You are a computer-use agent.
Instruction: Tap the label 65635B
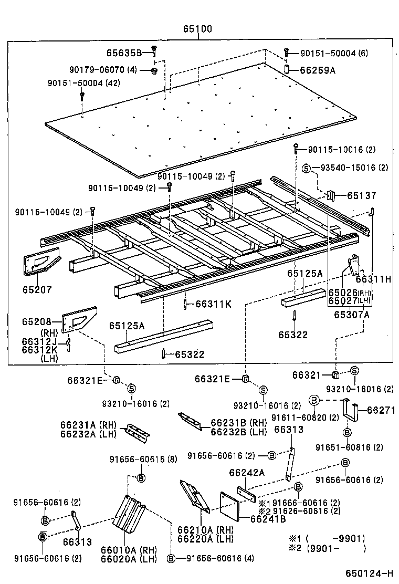point(124,53)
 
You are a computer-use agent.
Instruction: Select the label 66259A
point(317,70)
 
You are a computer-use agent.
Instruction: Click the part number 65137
point(361,195)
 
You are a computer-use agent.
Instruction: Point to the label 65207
point(37,289)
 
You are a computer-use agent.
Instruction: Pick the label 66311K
point(213,304)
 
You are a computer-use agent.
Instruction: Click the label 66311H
point(373,279)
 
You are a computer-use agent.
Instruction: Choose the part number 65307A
point(352,315)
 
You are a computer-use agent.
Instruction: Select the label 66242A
point(246,473)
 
